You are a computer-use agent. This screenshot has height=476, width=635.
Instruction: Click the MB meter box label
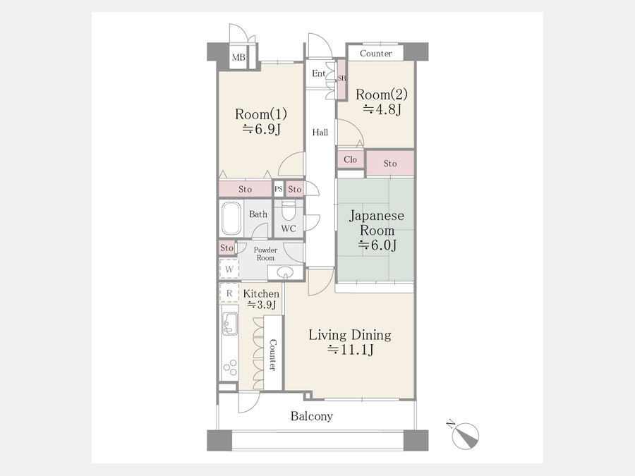[x=238, y=58]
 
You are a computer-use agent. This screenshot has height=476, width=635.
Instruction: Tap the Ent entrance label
[x=318, y=73]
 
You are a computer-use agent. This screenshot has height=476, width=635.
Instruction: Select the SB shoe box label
[x=341, y=78]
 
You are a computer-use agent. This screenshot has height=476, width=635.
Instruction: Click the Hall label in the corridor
[x=320, y=133]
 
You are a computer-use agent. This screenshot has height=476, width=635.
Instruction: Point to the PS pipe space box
[x=279, y=189]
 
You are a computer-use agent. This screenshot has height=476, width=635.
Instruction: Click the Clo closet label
[x=350, y=159]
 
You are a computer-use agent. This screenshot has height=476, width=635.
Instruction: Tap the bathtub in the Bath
[x=231, y=219]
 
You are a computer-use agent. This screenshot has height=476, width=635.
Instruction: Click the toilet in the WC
[x=289, y=210]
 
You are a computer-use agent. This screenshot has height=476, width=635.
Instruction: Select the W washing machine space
[x=229, y=269]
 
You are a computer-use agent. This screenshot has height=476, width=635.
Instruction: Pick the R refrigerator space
[x=229, y=293]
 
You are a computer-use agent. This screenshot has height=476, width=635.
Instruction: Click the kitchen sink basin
[x=230, y=324]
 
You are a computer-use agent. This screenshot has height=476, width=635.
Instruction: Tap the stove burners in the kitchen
[x=230, y=367]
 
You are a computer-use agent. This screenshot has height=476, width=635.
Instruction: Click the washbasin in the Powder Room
[x=285, y=272]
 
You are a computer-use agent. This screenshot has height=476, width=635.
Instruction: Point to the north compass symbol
[x=465, y=436]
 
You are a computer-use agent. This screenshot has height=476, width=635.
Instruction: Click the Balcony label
[x=312, y=416]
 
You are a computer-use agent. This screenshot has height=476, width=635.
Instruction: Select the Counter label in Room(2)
[x=376, y=54]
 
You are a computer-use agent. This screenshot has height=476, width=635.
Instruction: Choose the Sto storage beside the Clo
[x=390, y=164]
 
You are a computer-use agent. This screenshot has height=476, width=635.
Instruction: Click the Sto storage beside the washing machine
[x=226, y=248]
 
